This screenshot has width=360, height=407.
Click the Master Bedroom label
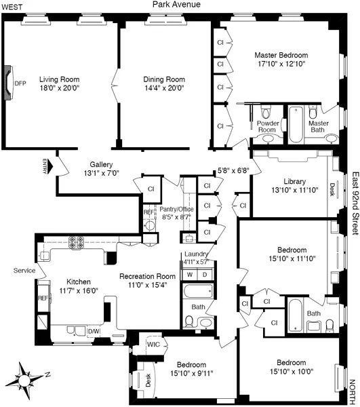281,55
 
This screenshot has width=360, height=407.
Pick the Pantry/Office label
176,210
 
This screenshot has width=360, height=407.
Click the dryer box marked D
205,274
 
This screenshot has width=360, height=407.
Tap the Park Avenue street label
180,5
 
